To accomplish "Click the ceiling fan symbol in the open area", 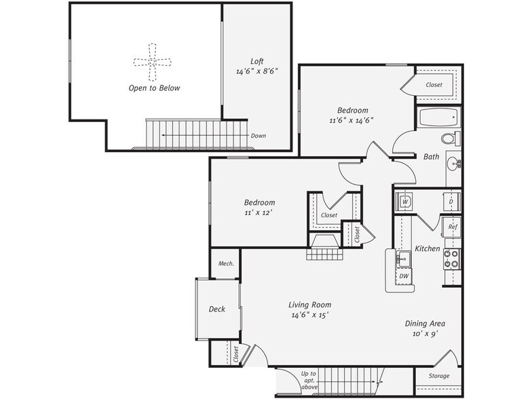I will click(x=153, y=62).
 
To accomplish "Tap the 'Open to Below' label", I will click(x=155, y=88).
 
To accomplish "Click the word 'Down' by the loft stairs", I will click(x=259, y=136).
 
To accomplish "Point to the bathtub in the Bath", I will click(x=440, y=117).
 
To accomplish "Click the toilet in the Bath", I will click(x=449, y=138).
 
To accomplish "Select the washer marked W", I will click(x=404, y=202).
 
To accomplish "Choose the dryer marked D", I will click(x=451, y=202).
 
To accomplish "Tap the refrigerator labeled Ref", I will click(x=452, y=227).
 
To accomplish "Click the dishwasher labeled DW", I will click(x=403, y=276).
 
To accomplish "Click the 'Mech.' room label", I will click(x=226, y=263).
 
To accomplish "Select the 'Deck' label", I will click(x=216, y=309).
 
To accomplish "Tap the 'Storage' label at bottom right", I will click(x=439, y=376).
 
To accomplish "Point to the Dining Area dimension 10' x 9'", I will click(x=425, y=335).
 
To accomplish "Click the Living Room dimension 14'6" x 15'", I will click(x=311, y=316).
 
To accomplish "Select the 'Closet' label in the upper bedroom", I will click(x=434, y=85).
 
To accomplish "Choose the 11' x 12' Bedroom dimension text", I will click(x=259, y=213).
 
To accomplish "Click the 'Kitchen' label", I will click(x=428, y=249).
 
